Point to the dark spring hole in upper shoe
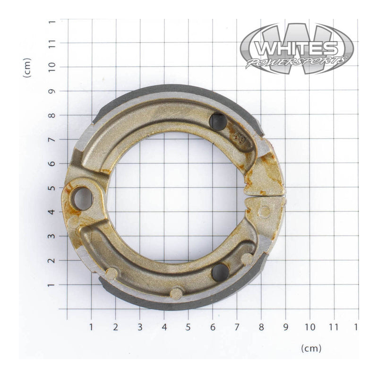pyautogui.click(x=218, y=122)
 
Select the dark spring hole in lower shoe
pyautogui.click(x=220, y=272)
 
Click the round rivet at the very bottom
pyautogui.click(x=176, y=294)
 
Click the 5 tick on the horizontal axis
pyautogui.click(x=188, y=327)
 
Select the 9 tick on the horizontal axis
pyautogui.click(x=285, y=327)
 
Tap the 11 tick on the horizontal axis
pyautogui.click(x=334, y=327)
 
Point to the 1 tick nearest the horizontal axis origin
pyautogui.click(x=91, y=327)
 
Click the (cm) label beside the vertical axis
pyautogui.click(x=27, y=68)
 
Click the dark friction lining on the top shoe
pyautogui.click(x=170, y=89)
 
